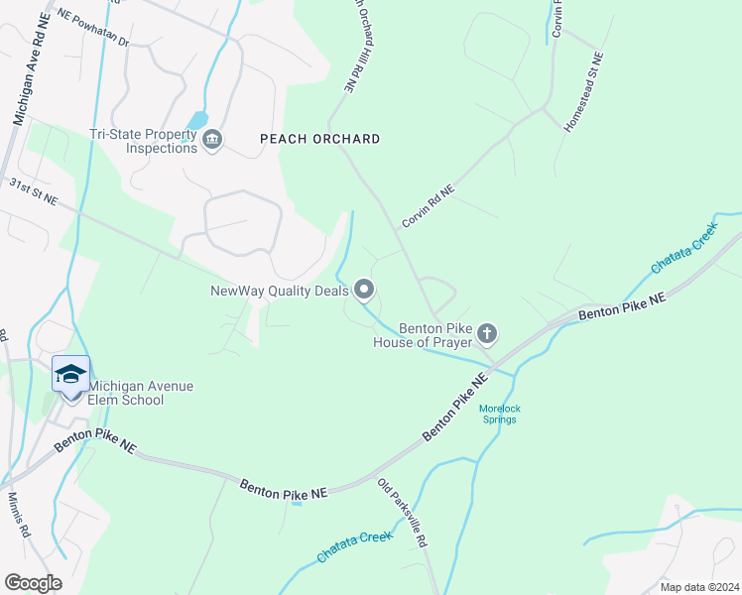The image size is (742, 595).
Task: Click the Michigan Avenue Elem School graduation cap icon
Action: click(70, 374)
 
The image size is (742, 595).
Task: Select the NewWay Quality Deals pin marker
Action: click(364, 290)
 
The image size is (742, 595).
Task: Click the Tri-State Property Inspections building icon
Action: click(211, 141)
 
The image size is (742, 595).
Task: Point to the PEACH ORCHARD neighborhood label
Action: click(319, 139)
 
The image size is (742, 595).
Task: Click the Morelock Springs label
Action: click(498, 414)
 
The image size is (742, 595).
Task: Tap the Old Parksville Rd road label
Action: click(403, 513)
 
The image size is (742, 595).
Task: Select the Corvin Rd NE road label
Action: click(428, 205)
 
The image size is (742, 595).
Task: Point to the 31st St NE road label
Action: click(33, 192)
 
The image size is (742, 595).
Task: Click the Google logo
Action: click(33, 583)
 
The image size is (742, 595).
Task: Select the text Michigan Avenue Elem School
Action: click(127, 393)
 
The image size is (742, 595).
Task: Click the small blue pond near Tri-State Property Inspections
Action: click(197, 120)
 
